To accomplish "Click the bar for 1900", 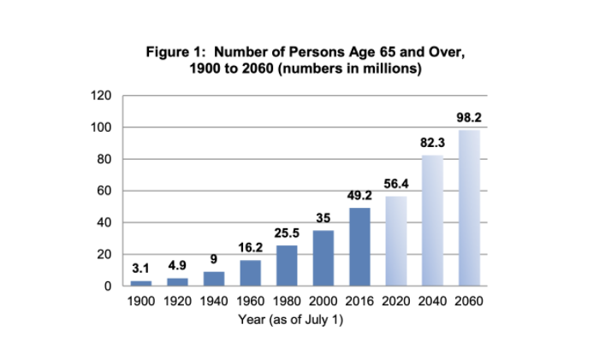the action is tap(141, 283).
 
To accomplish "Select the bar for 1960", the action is tap(251, 274).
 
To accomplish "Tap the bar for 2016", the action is tap(359, 247).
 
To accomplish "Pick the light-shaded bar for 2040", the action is tap(432, 221).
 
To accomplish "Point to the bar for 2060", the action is tap(469, 208).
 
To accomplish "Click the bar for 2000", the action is tap(323, 258).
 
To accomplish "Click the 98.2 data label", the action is tap(469, 117).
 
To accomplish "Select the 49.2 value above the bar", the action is tap(359, 195).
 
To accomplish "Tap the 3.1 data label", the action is tap(140, 269).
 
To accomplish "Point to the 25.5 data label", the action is tap(287, 233).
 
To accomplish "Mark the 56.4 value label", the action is tap(396, 184).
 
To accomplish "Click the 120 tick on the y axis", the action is tap(101, 96).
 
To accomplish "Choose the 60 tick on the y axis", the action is tap(104, 191).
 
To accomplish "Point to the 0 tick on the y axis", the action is tap(108, 286).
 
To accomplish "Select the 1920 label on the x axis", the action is tap(177, 301).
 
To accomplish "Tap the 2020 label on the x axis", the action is tap(396, 301).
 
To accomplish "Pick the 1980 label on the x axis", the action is tap(287, 301).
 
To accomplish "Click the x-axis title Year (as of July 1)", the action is tap(291, 320).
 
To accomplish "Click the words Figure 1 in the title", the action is tap(175, 52).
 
